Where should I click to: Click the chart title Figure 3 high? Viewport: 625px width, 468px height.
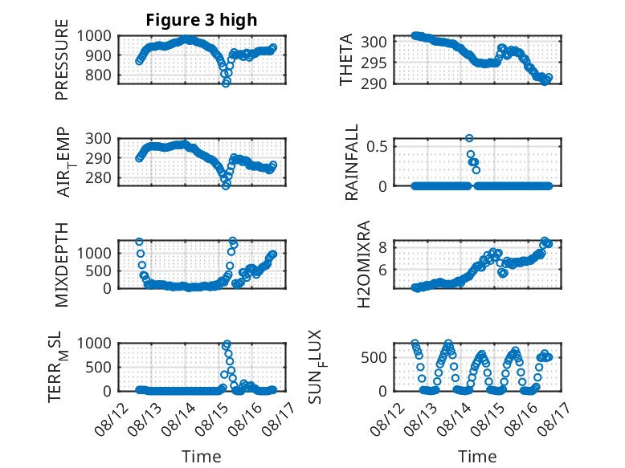coord(202,20)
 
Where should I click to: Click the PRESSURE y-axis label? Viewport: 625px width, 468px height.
coord(62,59)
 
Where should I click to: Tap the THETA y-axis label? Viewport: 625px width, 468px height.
coord(346,59)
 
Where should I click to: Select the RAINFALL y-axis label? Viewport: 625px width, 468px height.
coord(352,162)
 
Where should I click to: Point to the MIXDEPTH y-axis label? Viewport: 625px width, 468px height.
coord(62,265)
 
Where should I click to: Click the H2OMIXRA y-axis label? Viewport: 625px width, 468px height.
coord(364,264)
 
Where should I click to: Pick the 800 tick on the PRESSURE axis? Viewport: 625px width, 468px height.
coord(98,75)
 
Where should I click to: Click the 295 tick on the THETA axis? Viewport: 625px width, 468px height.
coord(374,63)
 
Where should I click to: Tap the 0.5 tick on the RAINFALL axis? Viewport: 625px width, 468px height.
coord(377,146)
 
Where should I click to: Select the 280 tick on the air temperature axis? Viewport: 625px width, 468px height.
coord(98,177)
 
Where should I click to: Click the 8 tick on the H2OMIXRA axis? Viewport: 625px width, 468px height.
coord(382,248)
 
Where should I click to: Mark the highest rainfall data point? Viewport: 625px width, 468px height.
coord(469,138)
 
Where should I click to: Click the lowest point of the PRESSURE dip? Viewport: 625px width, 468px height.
coord(226,83)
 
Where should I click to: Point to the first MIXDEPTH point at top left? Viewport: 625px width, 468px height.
coord(139,242)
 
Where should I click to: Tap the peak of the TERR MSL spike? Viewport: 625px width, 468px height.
coord(227,344)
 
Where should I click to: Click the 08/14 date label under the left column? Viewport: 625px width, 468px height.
coord(178,419)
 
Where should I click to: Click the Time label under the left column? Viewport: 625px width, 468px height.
coord(202,457)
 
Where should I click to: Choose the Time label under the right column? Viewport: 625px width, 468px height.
coord(477,457)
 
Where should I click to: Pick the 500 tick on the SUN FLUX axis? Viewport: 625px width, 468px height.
coord(374,358)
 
